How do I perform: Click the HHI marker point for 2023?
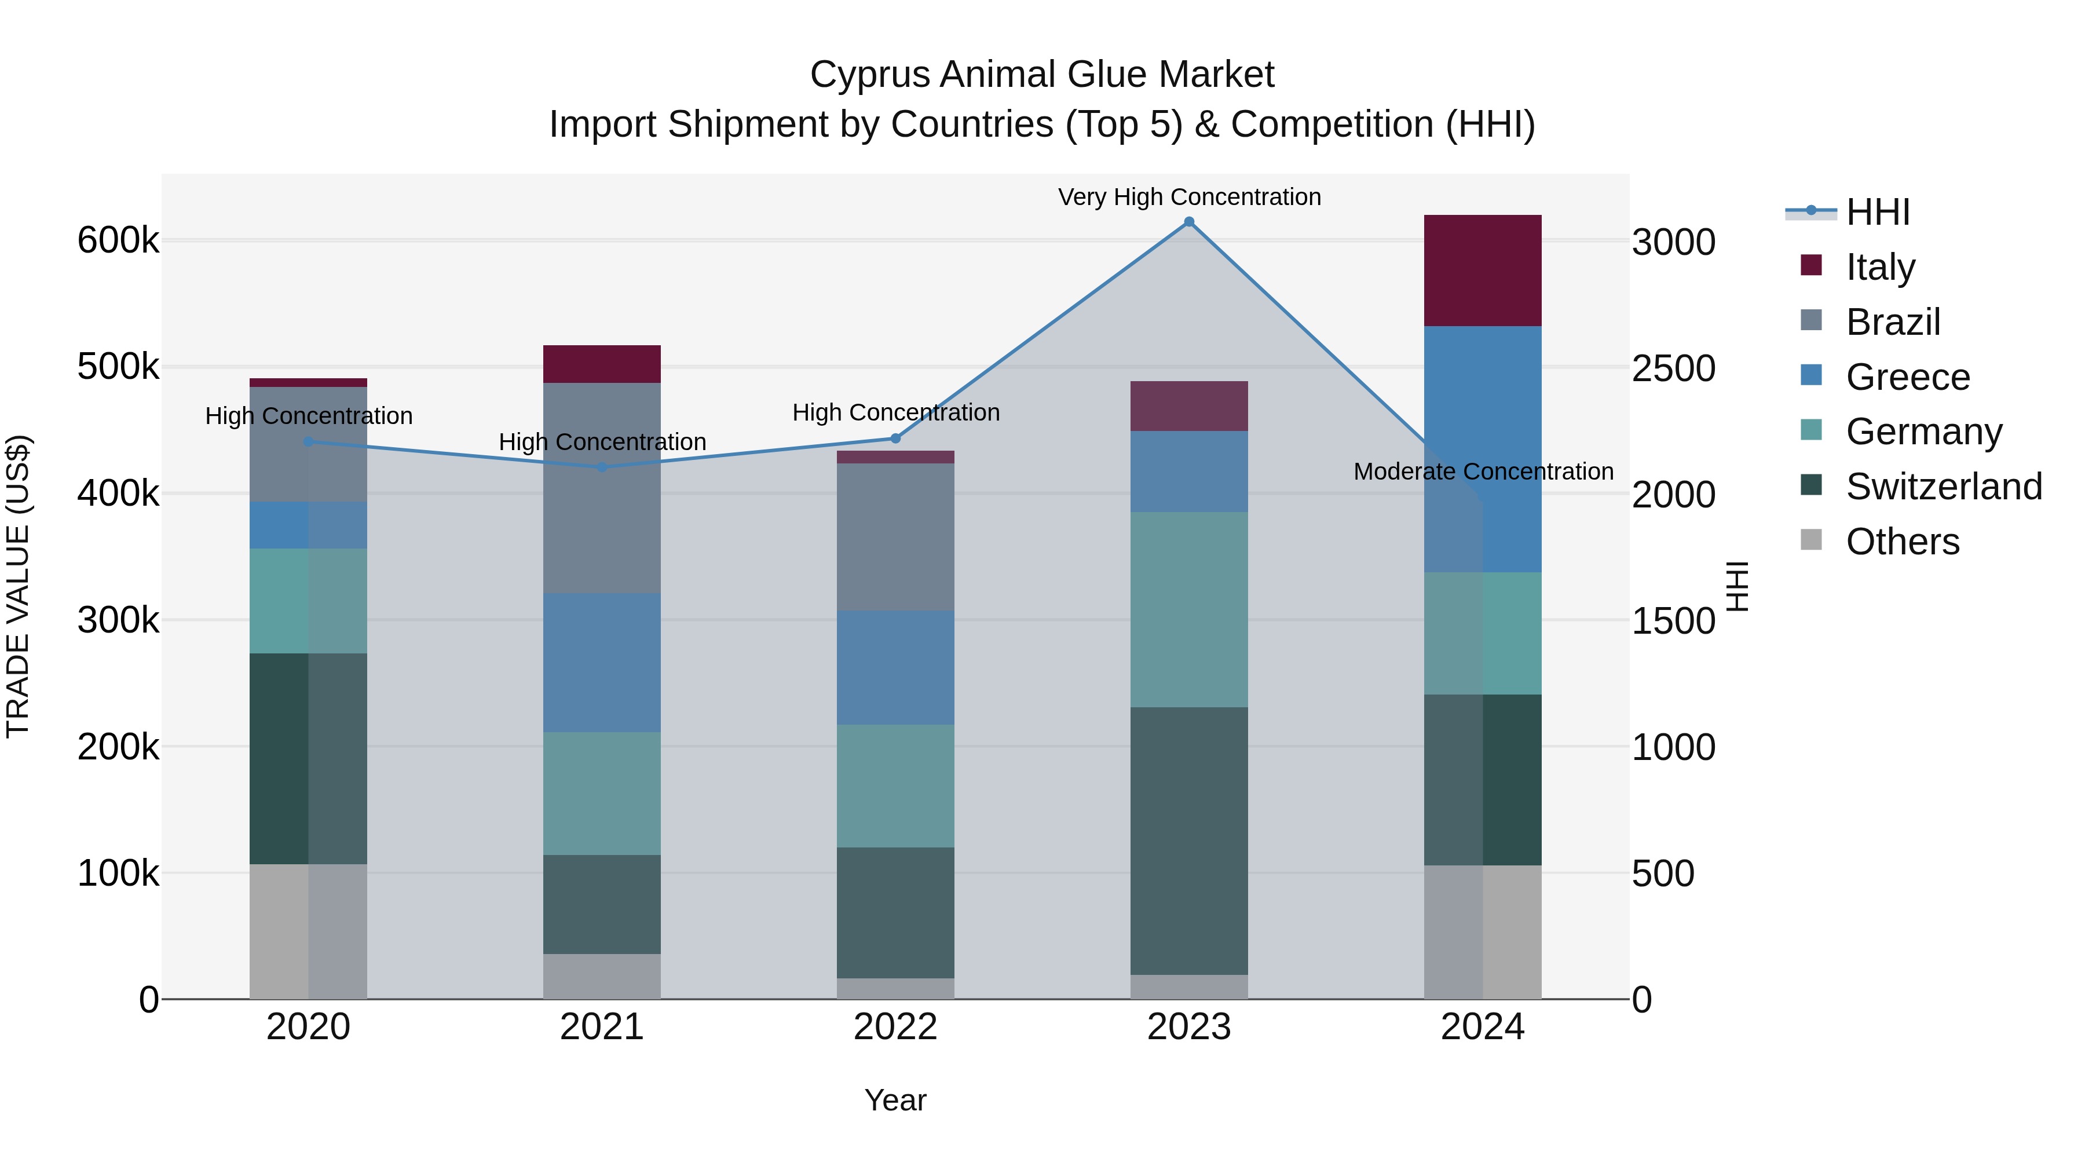(x=1189, y=222)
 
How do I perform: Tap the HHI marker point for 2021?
(x=601, y=467)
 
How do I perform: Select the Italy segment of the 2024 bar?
(x=1482, y=271)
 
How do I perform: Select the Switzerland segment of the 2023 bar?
(x=1189, y=841)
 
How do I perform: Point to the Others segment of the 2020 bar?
(x=308, y=931)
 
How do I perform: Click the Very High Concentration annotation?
(x=1189, y=197)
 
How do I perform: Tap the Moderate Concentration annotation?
(x=1483, y=471)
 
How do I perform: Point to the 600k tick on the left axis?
(x=118, y=240)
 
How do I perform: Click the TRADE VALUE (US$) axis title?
(x=19, y=586)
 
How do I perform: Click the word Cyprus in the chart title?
(x=869, y=75)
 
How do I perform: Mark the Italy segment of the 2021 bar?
(x=601, y=364)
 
